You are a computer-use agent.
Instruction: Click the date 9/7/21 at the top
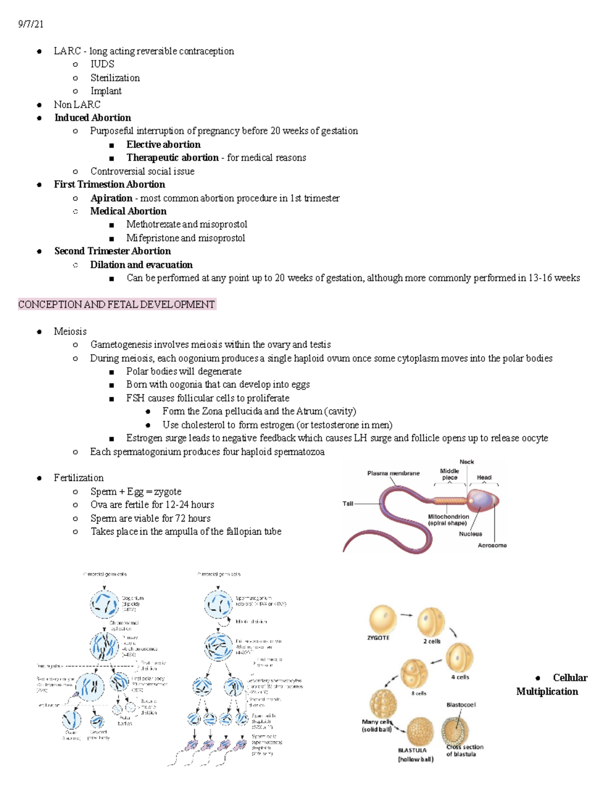[x=31, y=24]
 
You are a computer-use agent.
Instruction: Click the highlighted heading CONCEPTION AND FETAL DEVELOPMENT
[x=117, y=304]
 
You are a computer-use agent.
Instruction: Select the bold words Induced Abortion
[x=92, y=118]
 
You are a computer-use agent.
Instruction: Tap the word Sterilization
[x=115, y=77]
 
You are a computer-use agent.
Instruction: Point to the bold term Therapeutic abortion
[x=172, y=158]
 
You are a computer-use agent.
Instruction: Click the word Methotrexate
[x=153, y=224]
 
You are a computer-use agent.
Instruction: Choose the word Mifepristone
[x=152, y=238]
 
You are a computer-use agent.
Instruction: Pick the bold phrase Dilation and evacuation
[x=141, y=264]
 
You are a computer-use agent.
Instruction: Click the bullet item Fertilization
[x=79, y=478]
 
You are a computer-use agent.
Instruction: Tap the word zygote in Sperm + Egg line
[x=167, y=491]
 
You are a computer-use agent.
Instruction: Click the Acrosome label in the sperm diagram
[x=492, y=545]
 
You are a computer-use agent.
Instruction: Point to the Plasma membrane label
[x=393, y=473]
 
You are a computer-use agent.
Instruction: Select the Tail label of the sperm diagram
[x=348, y=503]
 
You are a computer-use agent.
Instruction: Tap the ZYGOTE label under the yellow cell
[x=378, y=638]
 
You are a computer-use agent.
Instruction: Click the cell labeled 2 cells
[x=431, y=622]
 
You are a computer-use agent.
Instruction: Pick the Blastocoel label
[x=461, y=705]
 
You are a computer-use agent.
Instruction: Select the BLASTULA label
[x=412, y=750]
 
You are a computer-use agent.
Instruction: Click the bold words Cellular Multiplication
[x=552, y=685]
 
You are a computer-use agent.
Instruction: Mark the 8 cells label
[x=418, y=693]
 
